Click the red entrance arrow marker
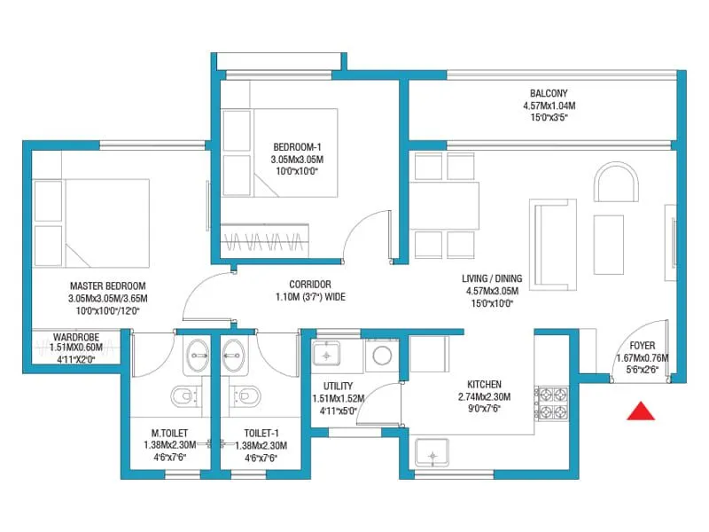point(640,411)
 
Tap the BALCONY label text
point(549,93)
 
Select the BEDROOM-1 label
point(293,147)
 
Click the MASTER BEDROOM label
point(107,286)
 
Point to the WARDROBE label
point(76,337)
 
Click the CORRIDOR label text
point(309,285)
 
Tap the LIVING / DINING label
point(494,278)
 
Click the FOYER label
point(643,347)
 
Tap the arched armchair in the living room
point(616,184)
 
